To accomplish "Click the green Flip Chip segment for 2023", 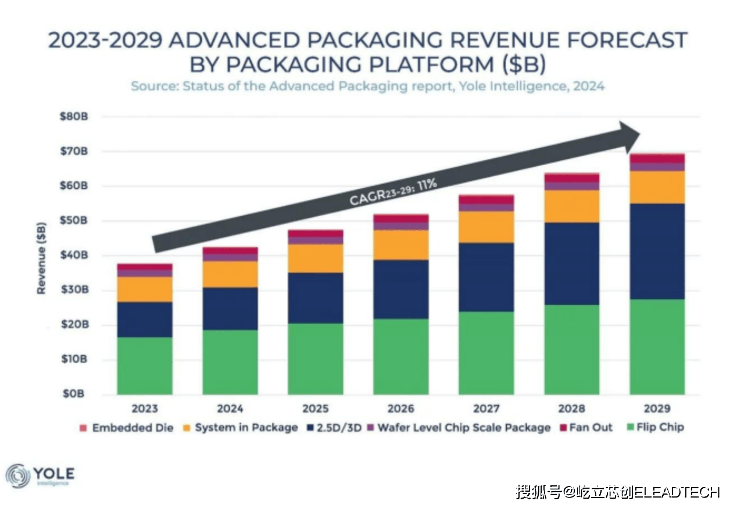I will point(145,366).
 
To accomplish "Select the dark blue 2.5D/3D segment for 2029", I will point(657,251).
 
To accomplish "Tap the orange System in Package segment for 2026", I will point(401,245).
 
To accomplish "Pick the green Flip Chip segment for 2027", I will point(486,353).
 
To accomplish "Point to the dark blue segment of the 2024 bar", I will point(230,309).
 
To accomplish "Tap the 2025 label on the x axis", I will point(316,409).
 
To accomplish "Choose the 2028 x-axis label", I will point(571,409).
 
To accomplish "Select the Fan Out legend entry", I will point(585,428).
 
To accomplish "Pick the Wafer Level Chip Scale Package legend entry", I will point(458,428).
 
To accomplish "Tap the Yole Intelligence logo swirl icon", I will point(17,476).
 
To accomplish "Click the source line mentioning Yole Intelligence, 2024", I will point(367,87).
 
